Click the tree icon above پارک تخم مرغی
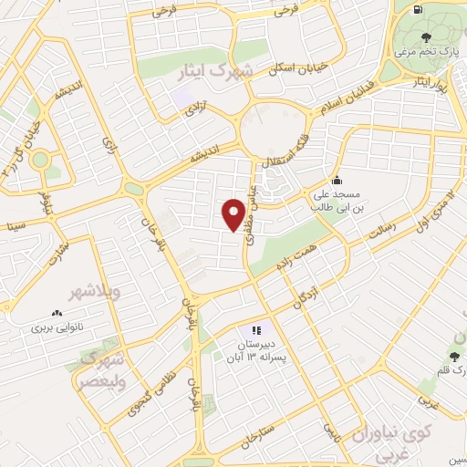(x=427, y=37)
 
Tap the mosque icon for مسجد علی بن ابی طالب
(x=337, y=180)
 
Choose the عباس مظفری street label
(x=248, y=202)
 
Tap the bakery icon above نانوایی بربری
(x=57, y=312)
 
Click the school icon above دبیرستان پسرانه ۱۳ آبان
(x=256, y=330)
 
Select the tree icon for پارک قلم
(x=453, y=356)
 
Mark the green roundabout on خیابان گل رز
(x=39, y=161)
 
